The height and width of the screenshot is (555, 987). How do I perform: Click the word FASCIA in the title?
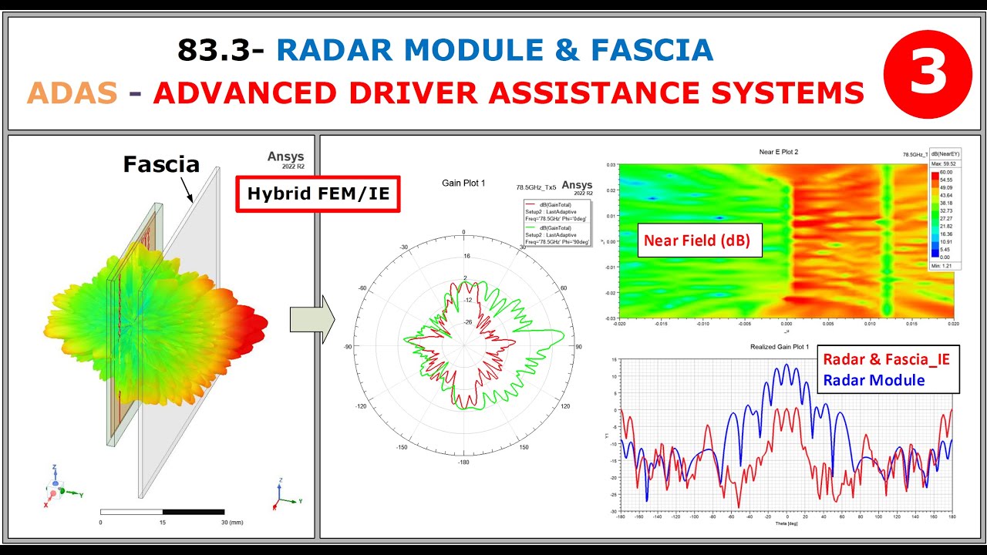pyautogui.click(x=652, y=50)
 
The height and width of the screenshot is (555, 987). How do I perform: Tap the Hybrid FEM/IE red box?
pyautogui.click(x=318, y=194)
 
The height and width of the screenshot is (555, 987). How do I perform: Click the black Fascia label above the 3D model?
pyautogui.click(x=161, y=164)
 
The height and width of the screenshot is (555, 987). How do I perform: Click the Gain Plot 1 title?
pyautogui.click(x=463, y=183)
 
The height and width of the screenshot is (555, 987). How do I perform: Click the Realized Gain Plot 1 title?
pyautogui.click(x=779, y=347)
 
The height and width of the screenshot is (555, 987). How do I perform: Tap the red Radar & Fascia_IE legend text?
pyautogui.click(x=886, y=358)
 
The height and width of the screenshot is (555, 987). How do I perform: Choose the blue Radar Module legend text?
pyautogui.click(x=874, y=380)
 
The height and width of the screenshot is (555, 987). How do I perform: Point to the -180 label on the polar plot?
pyautogui.click(x=463, y=462)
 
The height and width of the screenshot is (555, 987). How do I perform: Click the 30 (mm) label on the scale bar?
pyautogui.click(x=231, y=523)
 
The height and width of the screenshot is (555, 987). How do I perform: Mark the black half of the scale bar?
pyautogui.click(x=193, y=512)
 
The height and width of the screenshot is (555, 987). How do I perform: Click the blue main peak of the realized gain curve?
pyautogui.click(x=787, y=365)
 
